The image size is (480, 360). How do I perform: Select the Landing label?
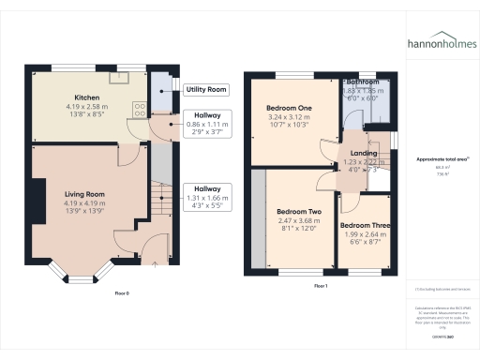pos(364,153)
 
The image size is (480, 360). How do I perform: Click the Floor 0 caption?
pos(122,292)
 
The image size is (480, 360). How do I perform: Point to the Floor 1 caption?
pos(321,285)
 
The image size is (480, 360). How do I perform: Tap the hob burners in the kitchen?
pos(140,110)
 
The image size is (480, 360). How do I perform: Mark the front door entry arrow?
pos(153,263)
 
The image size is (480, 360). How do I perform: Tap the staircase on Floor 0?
pos(159,206)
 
